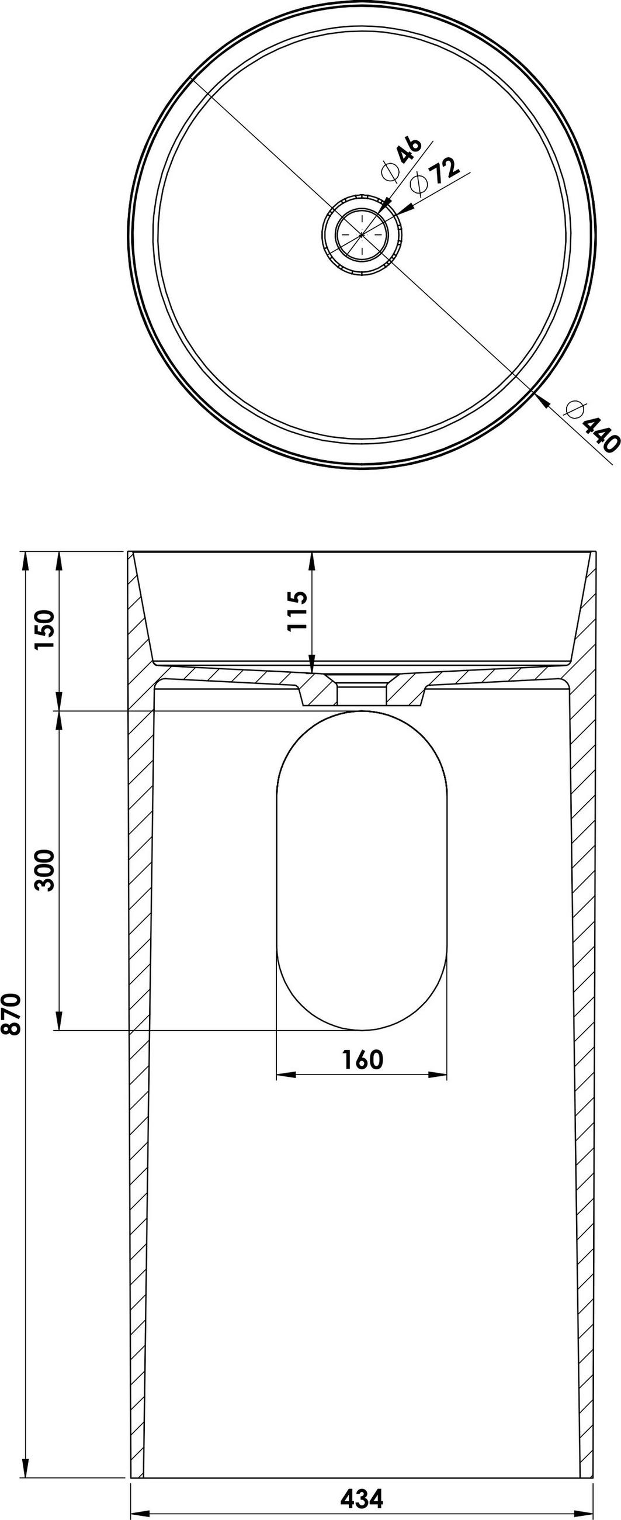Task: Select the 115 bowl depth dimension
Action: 298,611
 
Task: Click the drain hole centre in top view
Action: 362,234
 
